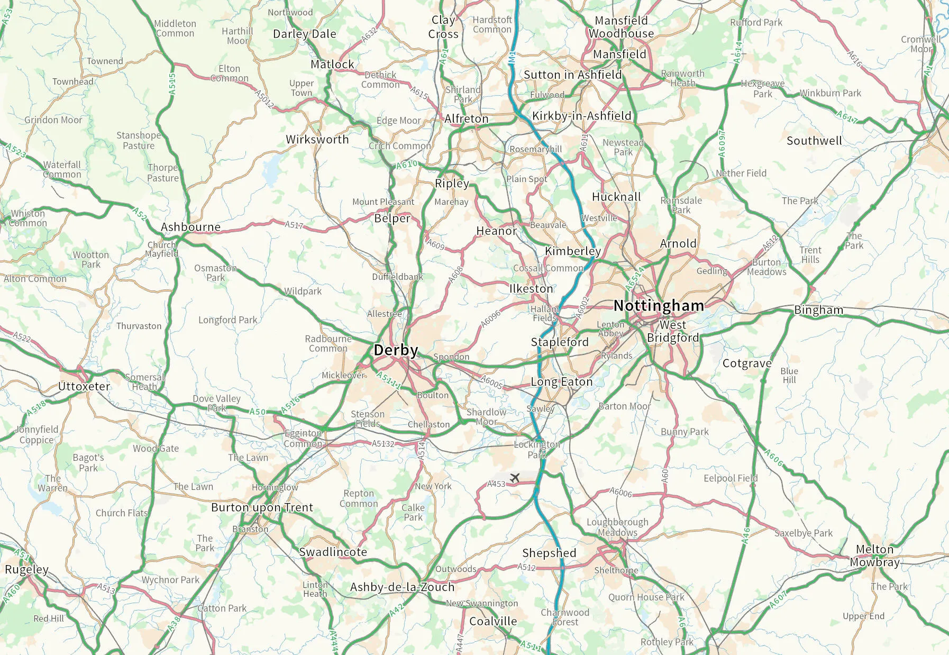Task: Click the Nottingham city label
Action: [659, 306]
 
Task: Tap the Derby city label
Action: [396, 350]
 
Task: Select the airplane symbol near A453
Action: [515, 478]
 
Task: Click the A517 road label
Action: [294, 225]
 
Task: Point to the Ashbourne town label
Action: [190, 227]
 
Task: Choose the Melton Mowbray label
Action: [874, 556]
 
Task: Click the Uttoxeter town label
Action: [84, 386]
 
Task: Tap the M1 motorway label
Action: [512, 58]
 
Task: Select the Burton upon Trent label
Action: [262, 507]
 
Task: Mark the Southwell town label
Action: [814, 141]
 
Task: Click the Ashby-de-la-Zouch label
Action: [402, 587]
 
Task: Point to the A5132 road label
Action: [383, 443]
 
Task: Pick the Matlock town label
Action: [332, 65]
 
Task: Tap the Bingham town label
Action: [818, 310]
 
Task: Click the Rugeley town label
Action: [26, 569]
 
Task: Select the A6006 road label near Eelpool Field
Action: [620, 492]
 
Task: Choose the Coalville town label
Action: [493, 621]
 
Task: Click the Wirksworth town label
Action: [317, 140]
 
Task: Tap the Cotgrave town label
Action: [747, 363]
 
